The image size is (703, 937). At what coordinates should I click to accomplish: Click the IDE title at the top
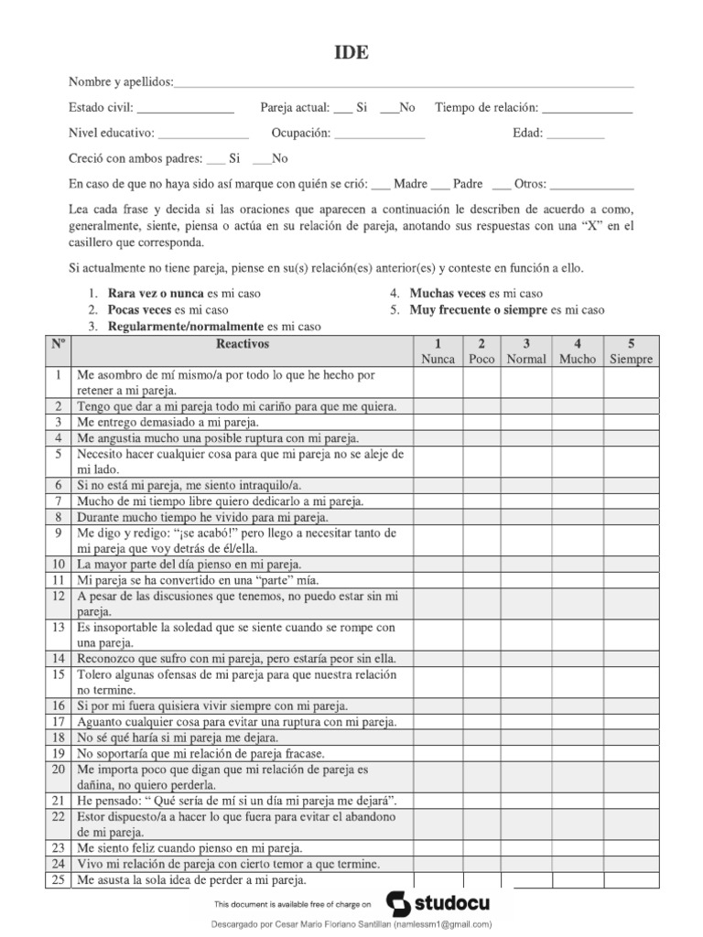pos(351,53)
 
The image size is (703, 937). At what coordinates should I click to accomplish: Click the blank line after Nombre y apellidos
pos(404,84)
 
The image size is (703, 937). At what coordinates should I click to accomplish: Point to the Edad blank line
pos(575,135)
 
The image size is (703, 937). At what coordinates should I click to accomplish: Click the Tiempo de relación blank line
pos(588,109)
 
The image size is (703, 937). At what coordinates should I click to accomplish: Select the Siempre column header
pos(632,352)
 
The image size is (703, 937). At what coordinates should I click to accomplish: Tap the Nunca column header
pos(438,352)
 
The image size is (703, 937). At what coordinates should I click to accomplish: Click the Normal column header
pos(526,352)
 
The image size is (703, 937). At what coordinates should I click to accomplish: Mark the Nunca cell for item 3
pos(438,423)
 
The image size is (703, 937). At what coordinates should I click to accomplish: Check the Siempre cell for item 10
pos(632,565)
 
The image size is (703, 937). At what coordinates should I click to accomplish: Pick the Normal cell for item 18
pos(526,738)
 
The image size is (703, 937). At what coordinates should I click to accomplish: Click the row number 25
pos(57,881)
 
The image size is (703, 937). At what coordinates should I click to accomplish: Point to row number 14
pos(57,658)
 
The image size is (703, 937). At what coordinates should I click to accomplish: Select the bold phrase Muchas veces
pos(448,294)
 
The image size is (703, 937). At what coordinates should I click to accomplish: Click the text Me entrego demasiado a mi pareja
pos(168,423)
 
